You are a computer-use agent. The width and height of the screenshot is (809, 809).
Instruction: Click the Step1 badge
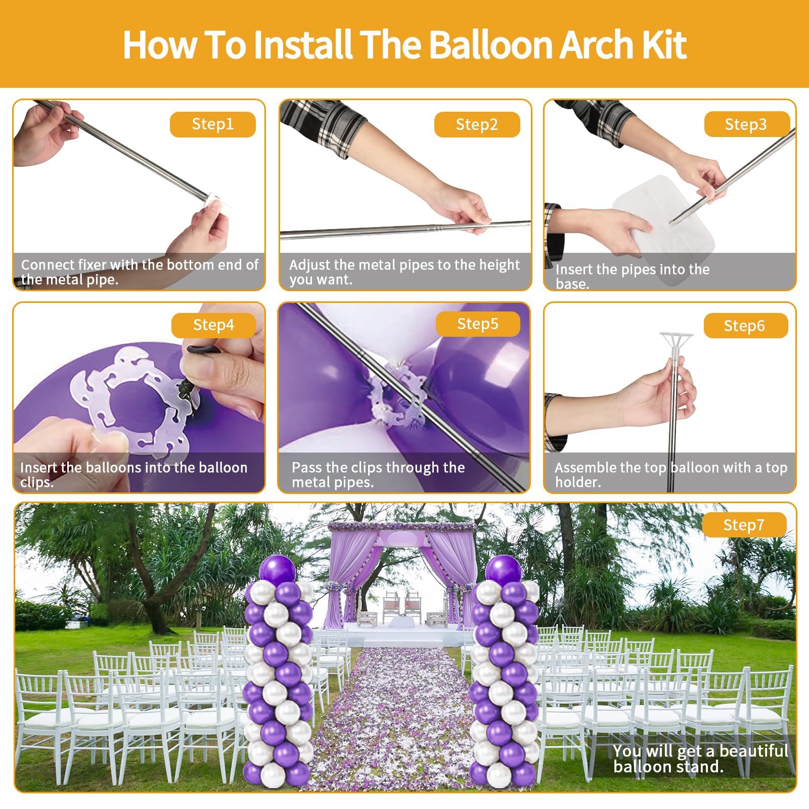click(x=212, y=124)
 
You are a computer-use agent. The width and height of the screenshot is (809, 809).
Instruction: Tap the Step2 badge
click(x=477, y=124)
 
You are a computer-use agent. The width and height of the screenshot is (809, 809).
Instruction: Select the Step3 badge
click(x=746, y=124)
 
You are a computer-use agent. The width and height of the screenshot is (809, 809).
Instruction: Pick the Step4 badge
click(x=213, y=325)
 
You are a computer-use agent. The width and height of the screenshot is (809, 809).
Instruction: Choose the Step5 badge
click(x=478, y=324)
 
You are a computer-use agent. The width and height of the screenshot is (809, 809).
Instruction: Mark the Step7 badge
click(x=744, y=525)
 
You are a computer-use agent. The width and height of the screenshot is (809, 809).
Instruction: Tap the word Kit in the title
click(x=664, y=44)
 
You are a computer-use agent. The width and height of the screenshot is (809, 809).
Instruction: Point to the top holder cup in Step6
click(x=676, y=342)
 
